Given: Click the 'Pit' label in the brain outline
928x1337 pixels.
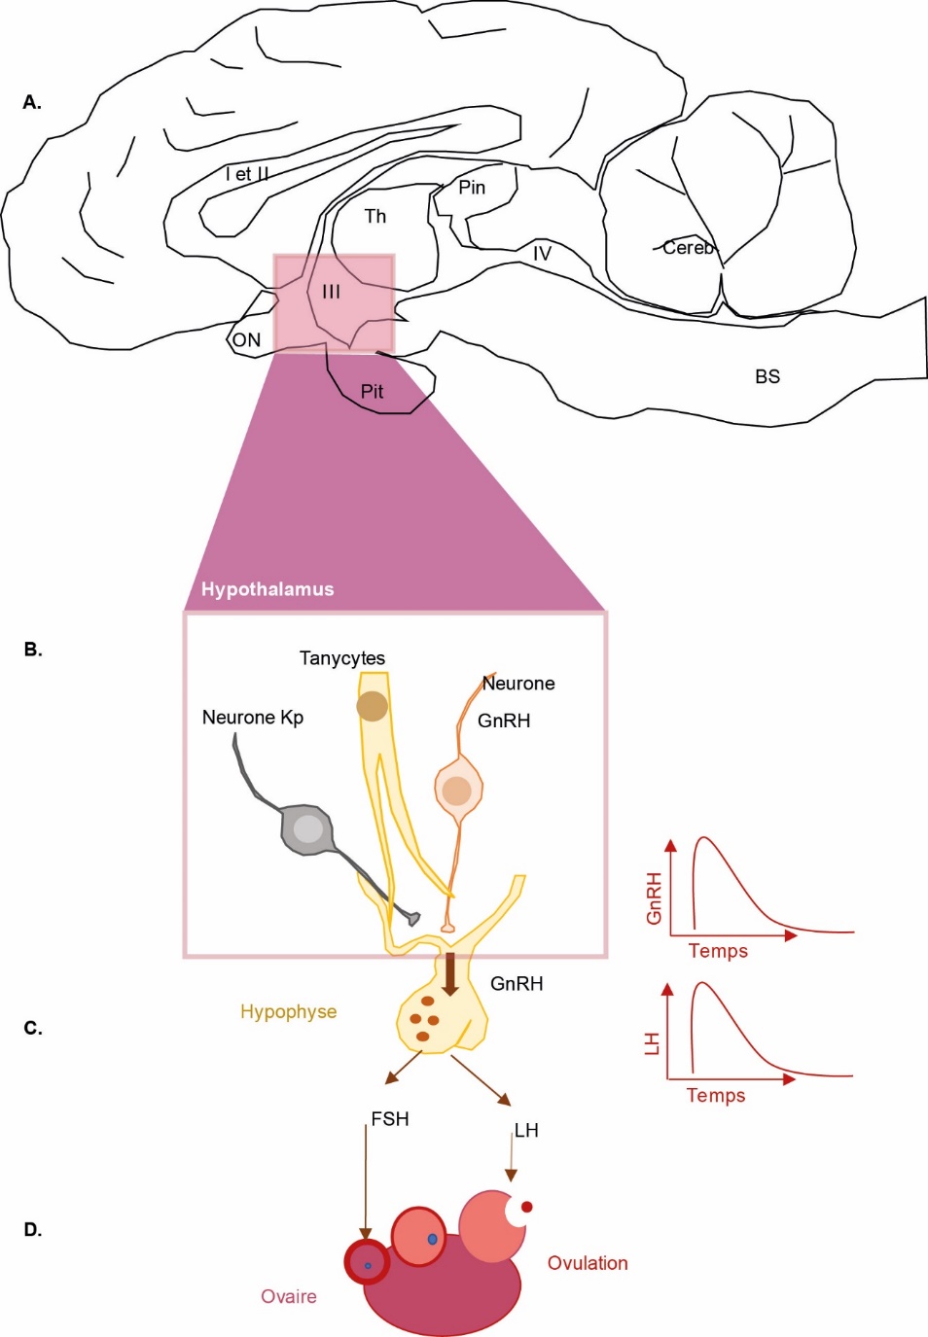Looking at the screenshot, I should pyautogui.click(x=372, y=391).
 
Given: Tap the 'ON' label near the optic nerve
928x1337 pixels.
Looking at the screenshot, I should pyautogui.click(x=246, y=339).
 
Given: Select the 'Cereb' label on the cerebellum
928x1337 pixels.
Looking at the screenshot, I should pyautogui.click(x=688, y=248).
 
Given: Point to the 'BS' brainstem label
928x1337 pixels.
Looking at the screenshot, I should pyautogui.click(x=767, y=376).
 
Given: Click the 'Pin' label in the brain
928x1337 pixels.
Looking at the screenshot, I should pyautogui.click(x=472, y=187).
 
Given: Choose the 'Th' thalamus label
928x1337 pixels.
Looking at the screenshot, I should pyautogui.click(x=375, y=216).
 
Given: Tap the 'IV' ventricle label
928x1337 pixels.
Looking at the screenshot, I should pyautogui.click(x=542, y=253).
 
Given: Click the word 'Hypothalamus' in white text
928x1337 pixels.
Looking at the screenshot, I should pyautogui.click(x=268, y=589).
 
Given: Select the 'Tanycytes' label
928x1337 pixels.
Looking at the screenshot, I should pyautogui.click(x=342, y=658).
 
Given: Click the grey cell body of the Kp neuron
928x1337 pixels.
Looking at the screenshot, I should pyautogui.click(x=308, y=829).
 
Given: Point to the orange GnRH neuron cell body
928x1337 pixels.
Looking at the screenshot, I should pyautogui.click(x=457, y=790).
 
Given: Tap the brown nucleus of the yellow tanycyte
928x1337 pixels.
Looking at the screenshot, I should pyautogui.click(x=372, y=706).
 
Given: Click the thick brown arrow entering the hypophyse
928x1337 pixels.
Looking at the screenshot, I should pyautogui.click(x=449, y=974).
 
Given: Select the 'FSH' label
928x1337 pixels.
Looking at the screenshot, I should pyautogui.click(x=390, y=1119).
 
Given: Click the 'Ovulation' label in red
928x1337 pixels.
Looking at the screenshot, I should pyautogui.click(x=588, y=1263).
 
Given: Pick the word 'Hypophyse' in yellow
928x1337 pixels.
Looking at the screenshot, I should pyautogui.click(x=289, y=1011).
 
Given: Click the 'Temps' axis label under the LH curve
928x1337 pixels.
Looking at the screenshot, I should pyautogui.click(x=716, y=1095).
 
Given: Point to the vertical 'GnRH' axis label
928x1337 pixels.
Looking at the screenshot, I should pyautogui.click(x=654, y=898).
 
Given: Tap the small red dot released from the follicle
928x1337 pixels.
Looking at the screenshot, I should pyautogui.click(x=527, y=1207).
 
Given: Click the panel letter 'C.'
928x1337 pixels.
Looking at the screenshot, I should pyautogui.click(x=33, y=1028).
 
